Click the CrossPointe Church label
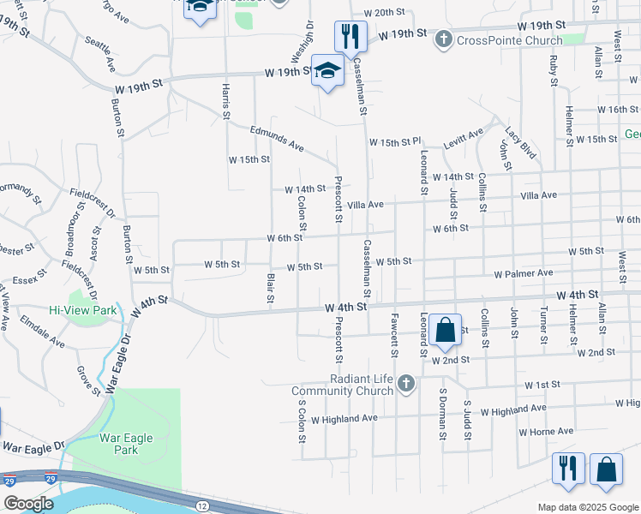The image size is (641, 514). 510,40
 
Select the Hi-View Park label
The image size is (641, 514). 82,311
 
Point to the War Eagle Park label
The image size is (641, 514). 125,444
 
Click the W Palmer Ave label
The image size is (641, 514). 523,273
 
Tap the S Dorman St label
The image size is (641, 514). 443,414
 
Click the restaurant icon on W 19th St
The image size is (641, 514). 350,35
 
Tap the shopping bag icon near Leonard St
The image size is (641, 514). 446,330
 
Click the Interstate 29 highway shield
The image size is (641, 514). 9,481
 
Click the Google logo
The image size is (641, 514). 27,504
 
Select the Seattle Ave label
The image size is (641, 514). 99,52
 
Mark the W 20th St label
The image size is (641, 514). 383,13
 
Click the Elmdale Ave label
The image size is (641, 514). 45,336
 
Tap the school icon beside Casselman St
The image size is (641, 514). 326,71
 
